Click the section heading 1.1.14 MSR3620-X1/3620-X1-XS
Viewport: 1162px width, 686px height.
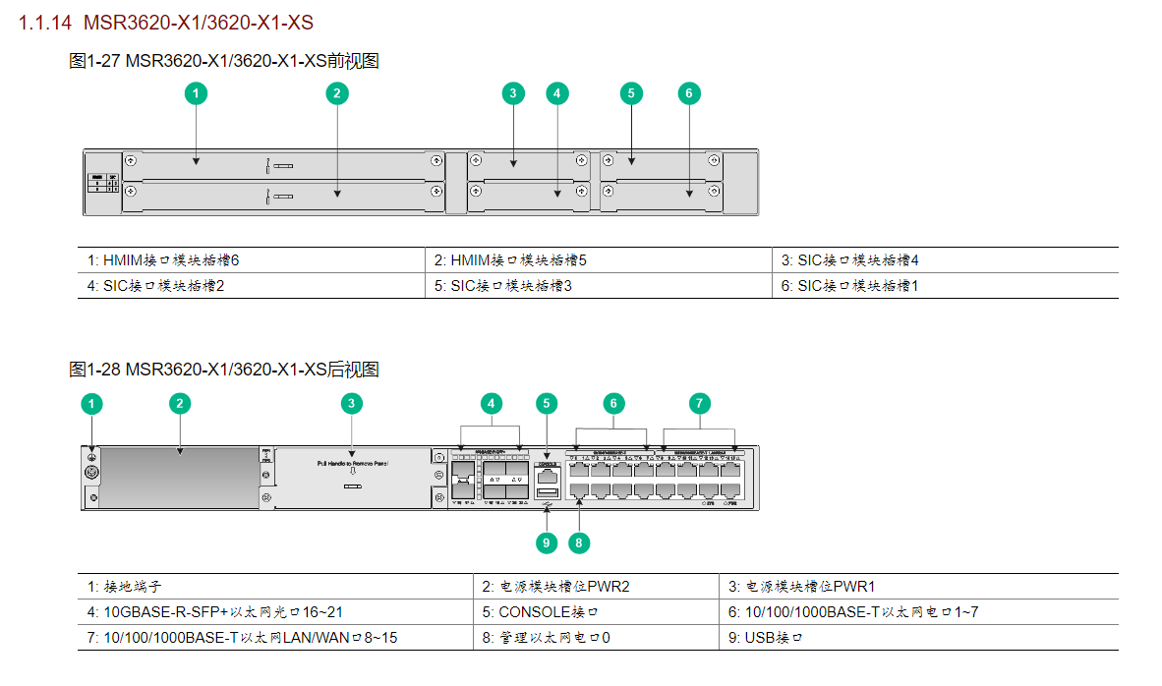point(166,22)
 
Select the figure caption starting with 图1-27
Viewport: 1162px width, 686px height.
point(224,61)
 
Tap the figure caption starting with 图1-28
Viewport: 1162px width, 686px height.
point(224,370)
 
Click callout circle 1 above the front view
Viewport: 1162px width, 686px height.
point(197,93)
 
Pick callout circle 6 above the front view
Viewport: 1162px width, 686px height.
point(689,93)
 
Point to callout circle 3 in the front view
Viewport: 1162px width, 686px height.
point(513,93)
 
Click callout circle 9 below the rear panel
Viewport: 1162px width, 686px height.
point(548,542)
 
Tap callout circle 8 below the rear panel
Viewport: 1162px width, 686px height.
point(579,542)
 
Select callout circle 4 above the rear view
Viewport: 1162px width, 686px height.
point(492,403)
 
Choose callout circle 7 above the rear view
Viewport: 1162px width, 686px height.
point(699,403)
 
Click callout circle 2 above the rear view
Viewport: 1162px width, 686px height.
point(178,403)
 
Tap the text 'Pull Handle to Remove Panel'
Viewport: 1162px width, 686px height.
point(352,461)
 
